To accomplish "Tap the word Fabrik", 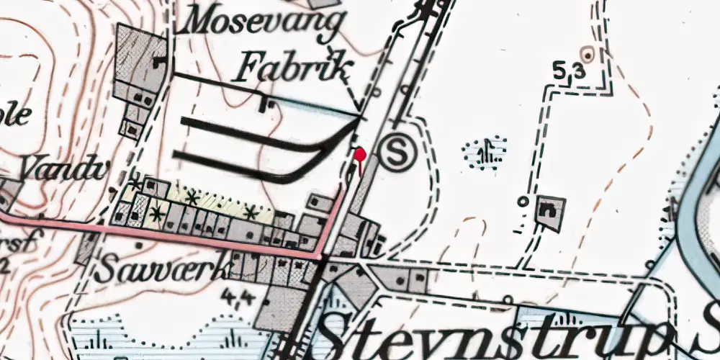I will (296, 69).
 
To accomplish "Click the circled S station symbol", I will (395, 153).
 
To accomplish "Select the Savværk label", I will (163, 269).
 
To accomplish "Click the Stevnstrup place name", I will (497, 333).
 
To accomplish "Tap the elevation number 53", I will (568, 72).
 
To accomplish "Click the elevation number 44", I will (240, 296).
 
